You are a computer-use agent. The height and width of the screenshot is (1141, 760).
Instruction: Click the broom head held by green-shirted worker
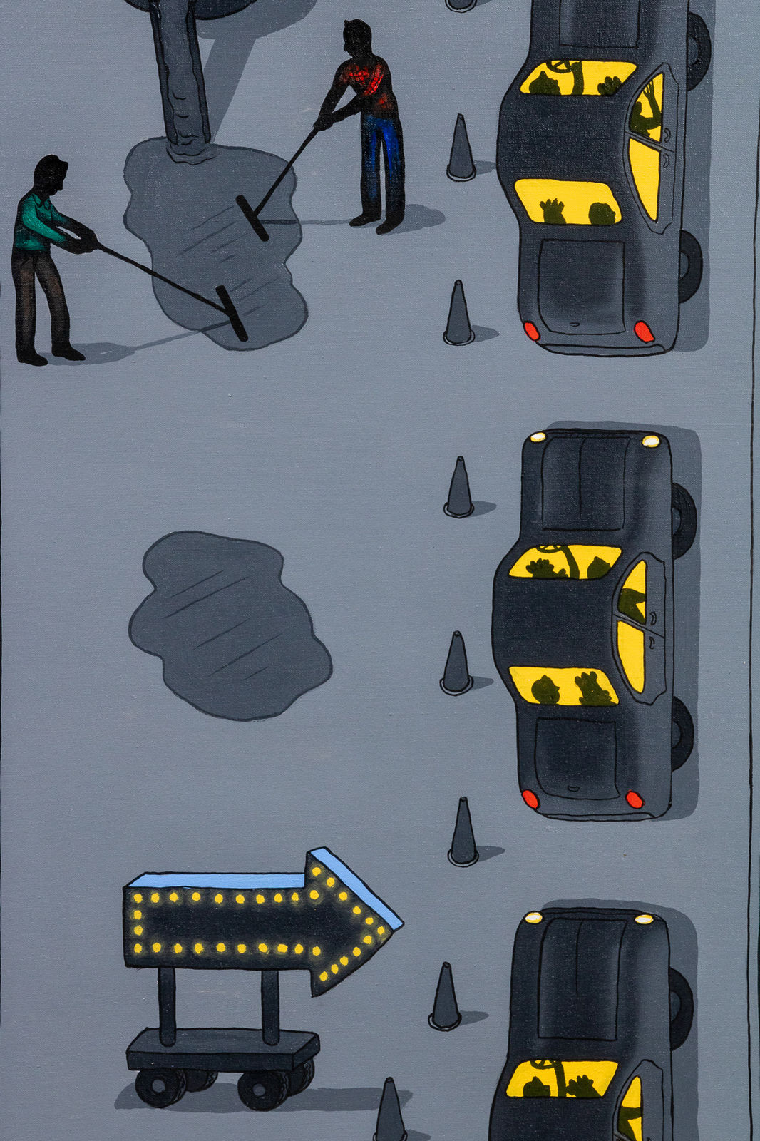232,313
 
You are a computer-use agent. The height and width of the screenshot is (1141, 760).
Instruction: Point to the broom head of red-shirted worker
252,218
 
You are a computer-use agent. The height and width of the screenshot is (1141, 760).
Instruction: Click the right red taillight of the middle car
634,799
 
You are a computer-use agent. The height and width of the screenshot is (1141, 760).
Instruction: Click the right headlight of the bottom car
644,919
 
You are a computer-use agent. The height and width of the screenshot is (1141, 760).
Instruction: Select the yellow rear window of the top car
567,202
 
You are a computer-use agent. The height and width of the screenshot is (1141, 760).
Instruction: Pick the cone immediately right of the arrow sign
446,998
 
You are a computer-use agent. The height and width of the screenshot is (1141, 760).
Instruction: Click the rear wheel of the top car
689,265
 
